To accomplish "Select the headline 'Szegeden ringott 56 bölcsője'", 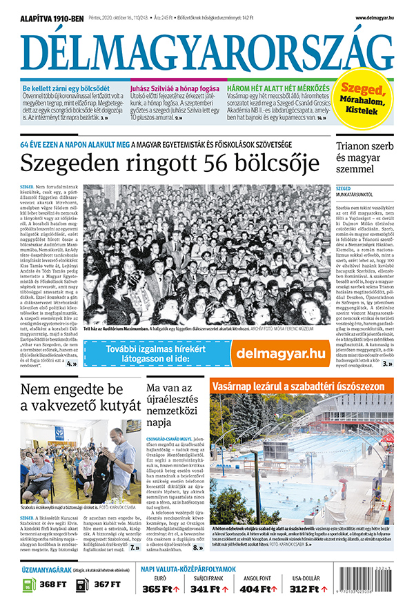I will (x=170, y=164).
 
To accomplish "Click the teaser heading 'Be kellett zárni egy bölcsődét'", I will (x=66, y=89).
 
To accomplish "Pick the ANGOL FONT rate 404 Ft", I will (x=262, y=589).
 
